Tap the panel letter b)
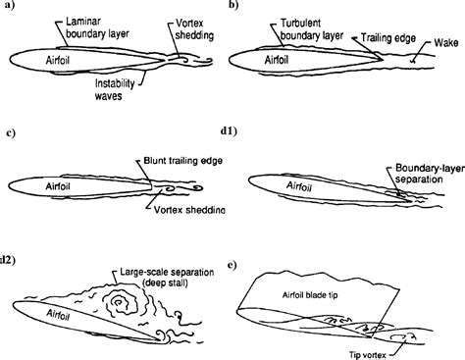click(x=233, y=8)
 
